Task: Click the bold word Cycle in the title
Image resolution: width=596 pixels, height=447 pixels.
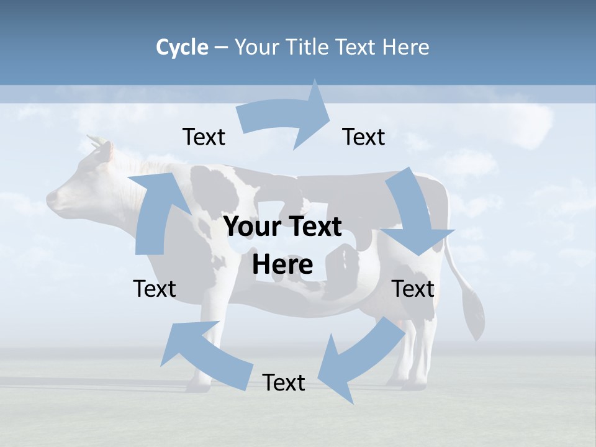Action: [182, 47]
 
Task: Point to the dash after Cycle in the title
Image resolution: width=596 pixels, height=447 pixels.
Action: [221, 47]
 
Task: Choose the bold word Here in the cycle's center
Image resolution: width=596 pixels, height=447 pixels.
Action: [282, 265]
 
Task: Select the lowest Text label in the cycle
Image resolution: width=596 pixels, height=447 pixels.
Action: [284, 383]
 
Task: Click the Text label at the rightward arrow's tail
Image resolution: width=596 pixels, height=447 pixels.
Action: [204, 137]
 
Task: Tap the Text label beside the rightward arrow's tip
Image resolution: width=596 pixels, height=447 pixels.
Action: [364, 137]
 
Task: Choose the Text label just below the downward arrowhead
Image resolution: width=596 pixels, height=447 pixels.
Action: [413, 289]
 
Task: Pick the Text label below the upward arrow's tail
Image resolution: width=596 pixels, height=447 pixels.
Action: [155, 289]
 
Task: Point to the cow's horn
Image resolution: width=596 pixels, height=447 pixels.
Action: [94, 141]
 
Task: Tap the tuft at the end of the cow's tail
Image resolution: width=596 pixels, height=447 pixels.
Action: [476, 317]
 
